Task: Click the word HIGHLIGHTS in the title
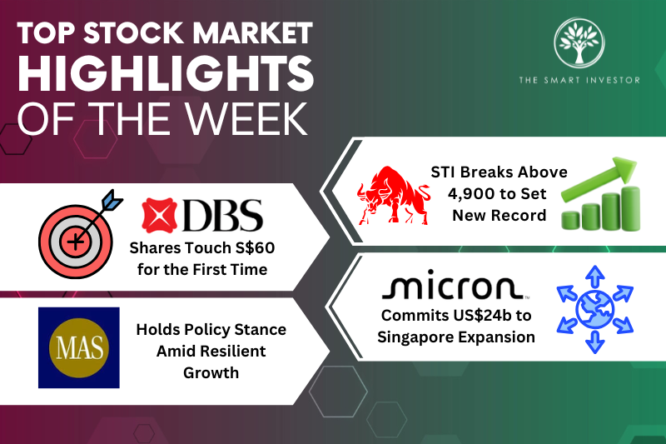pyautogui.click(x=166, y=77)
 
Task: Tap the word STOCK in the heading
pyautogui.click(x=137, y=34)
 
